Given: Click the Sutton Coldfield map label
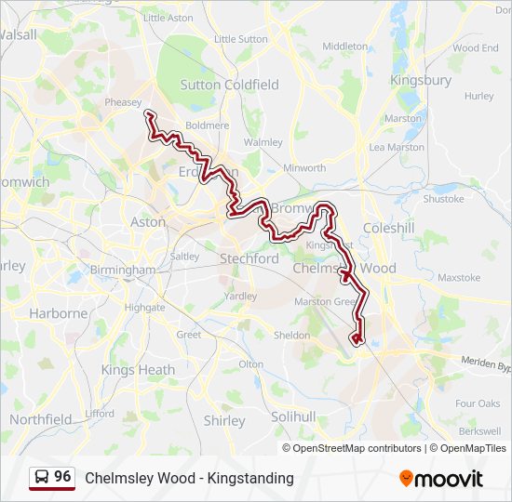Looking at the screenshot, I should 228,85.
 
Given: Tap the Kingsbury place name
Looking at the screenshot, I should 421,80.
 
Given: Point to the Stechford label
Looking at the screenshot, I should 249,258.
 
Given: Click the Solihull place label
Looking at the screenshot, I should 294,416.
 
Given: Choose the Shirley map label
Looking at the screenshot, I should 224,420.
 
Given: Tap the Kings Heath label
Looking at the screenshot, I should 138,370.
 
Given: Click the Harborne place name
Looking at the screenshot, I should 59,313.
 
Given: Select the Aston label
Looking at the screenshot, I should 148,222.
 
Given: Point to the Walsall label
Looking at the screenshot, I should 19,34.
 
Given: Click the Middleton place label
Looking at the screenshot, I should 344,46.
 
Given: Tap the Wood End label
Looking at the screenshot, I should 476,47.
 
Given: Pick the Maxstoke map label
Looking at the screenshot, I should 458,277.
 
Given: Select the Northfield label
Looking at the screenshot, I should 41,419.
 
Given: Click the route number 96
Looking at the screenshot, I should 62,477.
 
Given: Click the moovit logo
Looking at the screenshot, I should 441,479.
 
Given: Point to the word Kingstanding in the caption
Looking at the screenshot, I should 250,478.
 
